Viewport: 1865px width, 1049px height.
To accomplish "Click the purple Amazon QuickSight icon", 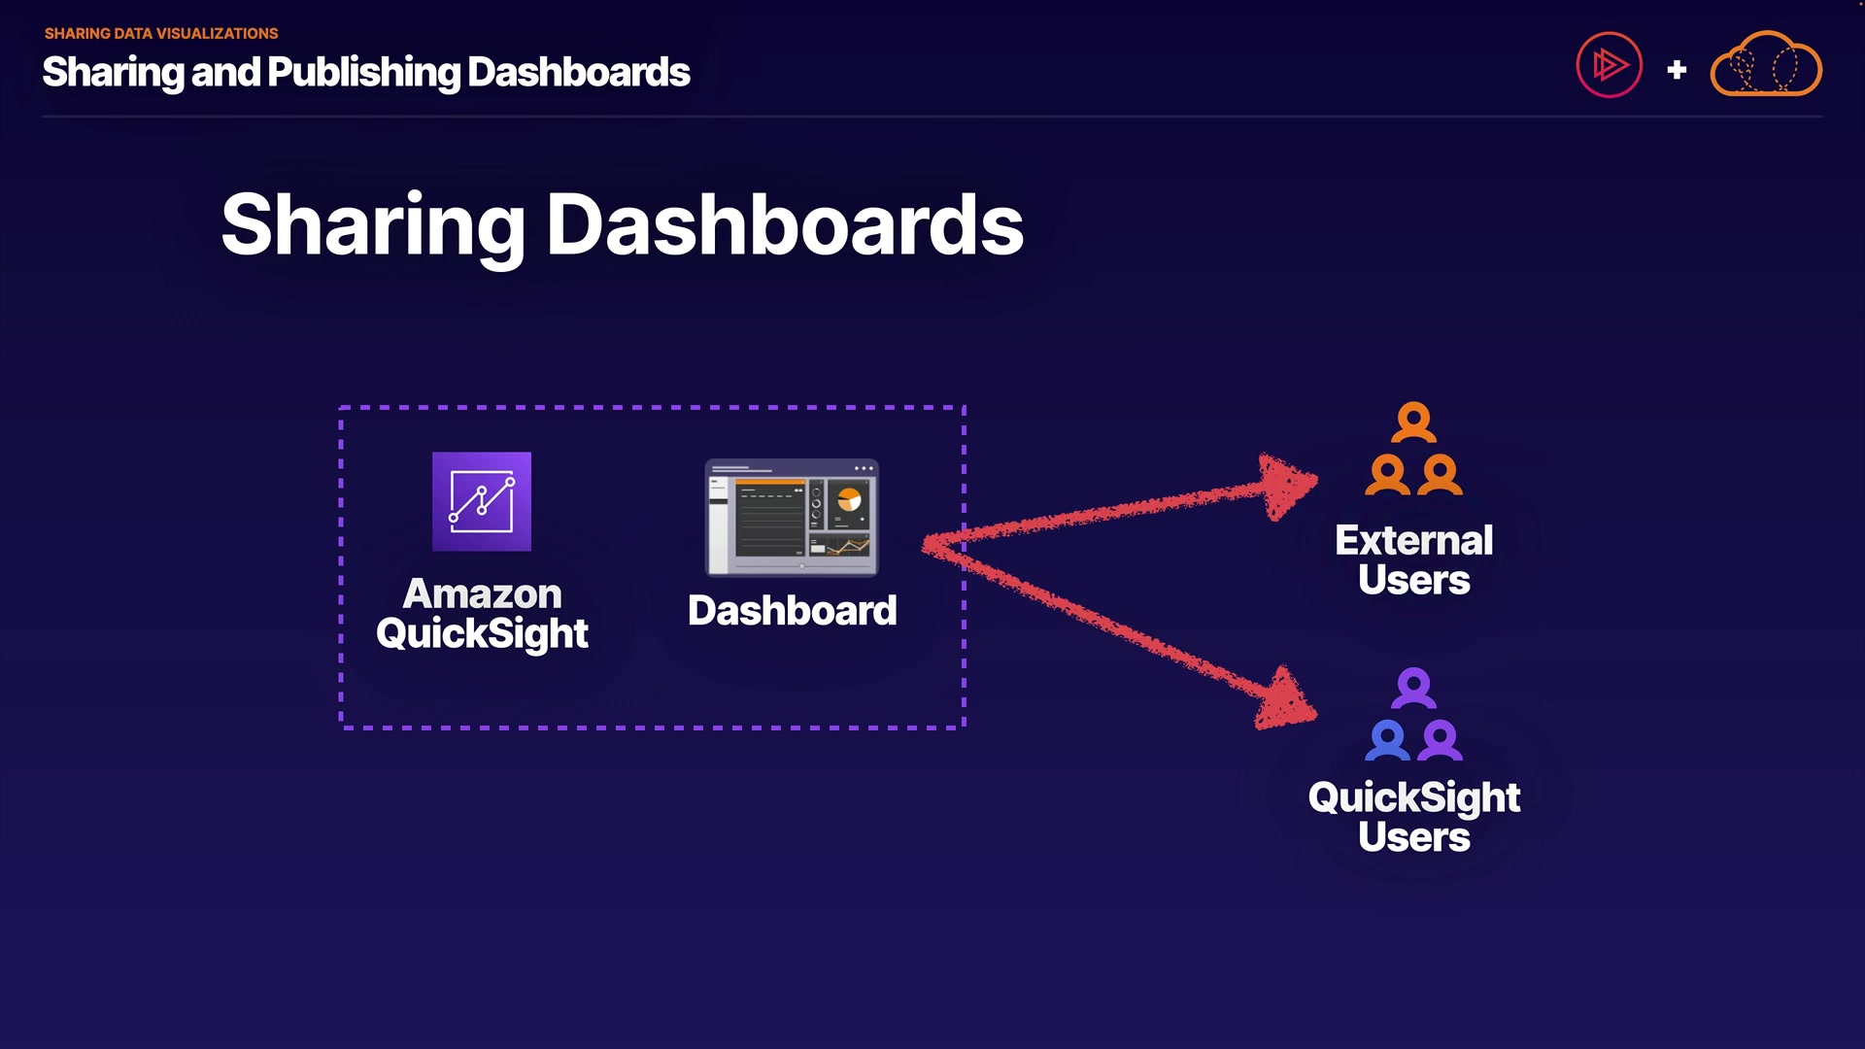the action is (482, 501).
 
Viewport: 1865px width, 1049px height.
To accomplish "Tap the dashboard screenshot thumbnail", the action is (792, 517).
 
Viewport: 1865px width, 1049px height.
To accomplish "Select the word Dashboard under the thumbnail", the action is (793, 611).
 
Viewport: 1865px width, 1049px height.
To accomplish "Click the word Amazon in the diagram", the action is (483, 593).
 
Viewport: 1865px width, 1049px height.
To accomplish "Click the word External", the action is (1414, 540).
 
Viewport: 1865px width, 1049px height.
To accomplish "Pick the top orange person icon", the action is (1414, 423).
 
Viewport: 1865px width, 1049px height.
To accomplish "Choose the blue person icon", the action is (1388, 740).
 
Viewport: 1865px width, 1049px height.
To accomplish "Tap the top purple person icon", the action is (1414, 688).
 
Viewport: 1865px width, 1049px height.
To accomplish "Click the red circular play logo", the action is (1610, 65).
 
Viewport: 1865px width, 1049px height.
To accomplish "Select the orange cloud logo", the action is (1766, 64).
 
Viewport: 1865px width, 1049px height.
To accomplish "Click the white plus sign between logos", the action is (1677, 70).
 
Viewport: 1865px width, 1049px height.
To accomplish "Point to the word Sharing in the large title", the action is (373, 227).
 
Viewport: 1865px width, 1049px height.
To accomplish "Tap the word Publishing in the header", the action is (364, 74).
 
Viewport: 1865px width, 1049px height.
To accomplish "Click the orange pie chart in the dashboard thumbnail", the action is (849, 499).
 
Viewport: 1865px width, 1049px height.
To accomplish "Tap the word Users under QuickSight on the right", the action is (1414, 837).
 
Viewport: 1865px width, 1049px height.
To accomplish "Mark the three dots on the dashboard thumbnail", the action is (864, 468).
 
